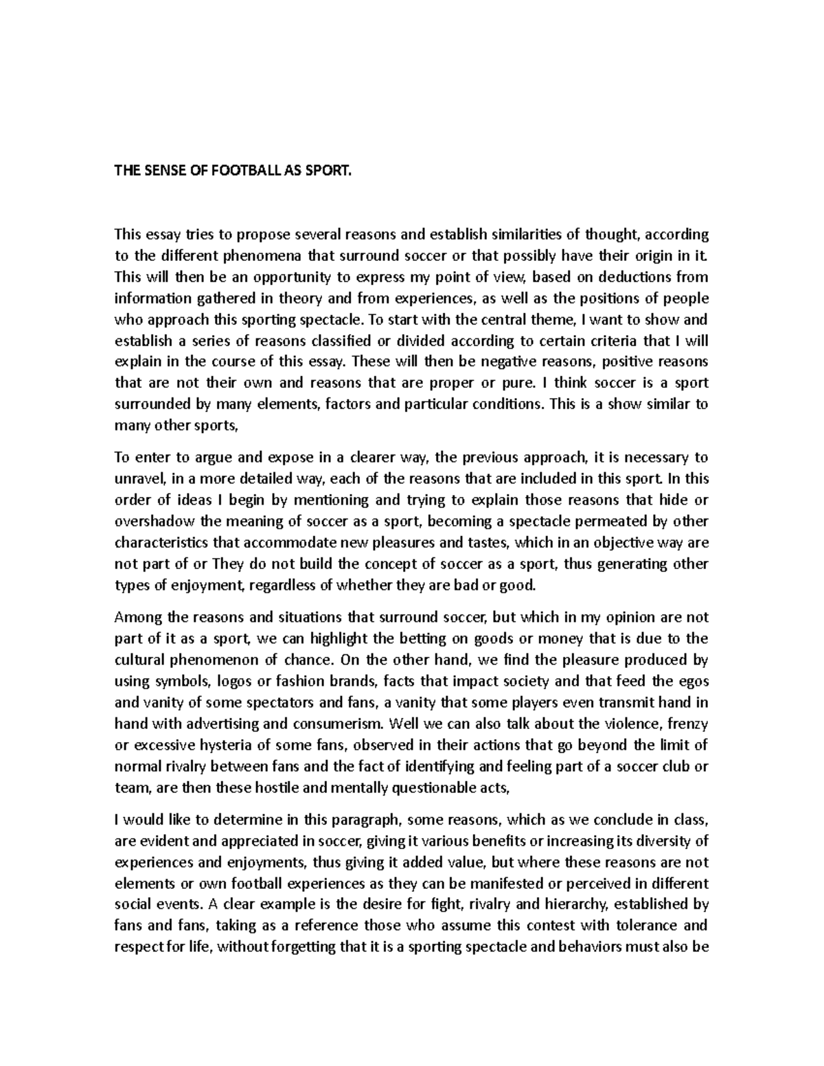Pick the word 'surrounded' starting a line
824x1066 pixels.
(x=148, y=404)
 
